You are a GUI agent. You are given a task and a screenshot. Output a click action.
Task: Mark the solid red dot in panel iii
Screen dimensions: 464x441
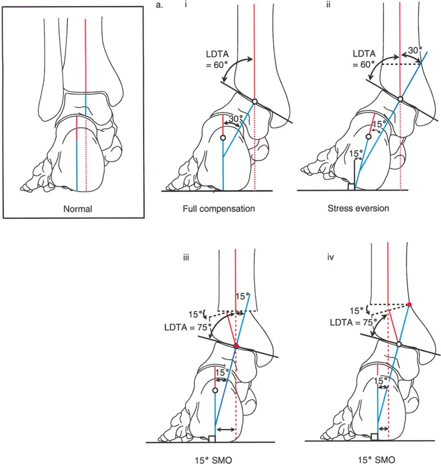(x=236, y=346)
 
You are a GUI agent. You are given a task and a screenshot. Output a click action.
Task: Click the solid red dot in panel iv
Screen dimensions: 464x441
(x=410, y=305)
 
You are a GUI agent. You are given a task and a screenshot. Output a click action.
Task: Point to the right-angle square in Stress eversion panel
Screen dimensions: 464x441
(x=351, y=187)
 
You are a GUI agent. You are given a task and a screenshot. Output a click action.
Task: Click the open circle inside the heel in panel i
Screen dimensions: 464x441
(x=223, y=138)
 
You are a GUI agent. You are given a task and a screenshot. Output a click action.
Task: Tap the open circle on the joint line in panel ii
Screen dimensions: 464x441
(x=400, y=99)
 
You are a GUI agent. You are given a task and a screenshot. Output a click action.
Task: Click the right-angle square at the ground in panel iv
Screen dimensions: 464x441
(x=375, y=436)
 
